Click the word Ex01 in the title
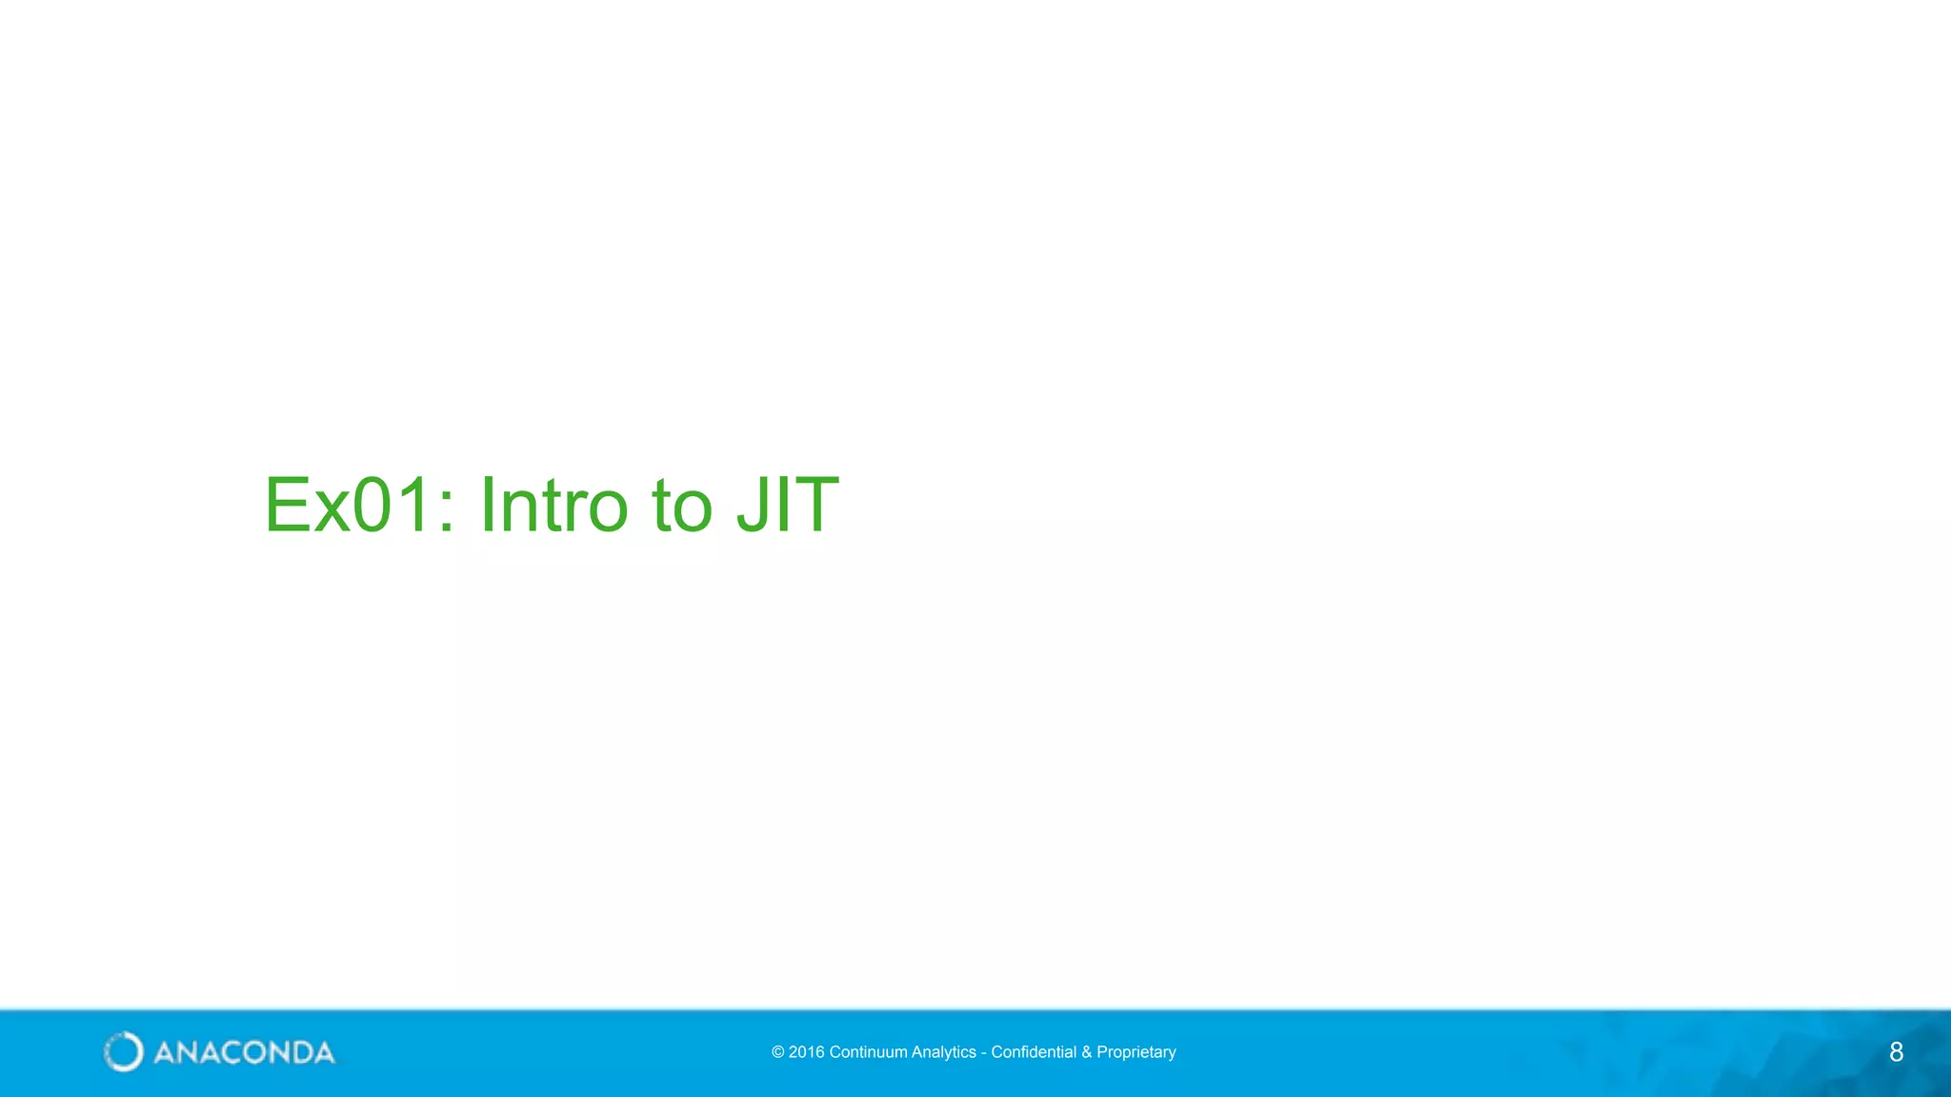tap(349, 505)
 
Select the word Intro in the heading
tap(553, 505)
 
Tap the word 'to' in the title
tap(682, 507)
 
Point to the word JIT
tap(788, 505)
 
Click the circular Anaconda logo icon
tap(123, 1051)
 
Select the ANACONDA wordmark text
tap(244, 1052)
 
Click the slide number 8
tap(1896, 1052)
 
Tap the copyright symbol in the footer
tap(777, 1052)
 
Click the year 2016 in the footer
tap(807, 1052)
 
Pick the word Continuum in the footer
tap(868, 1052)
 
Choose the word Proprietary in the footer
tap(1136, 1052)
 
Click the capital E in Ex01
tap(285, 505)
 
